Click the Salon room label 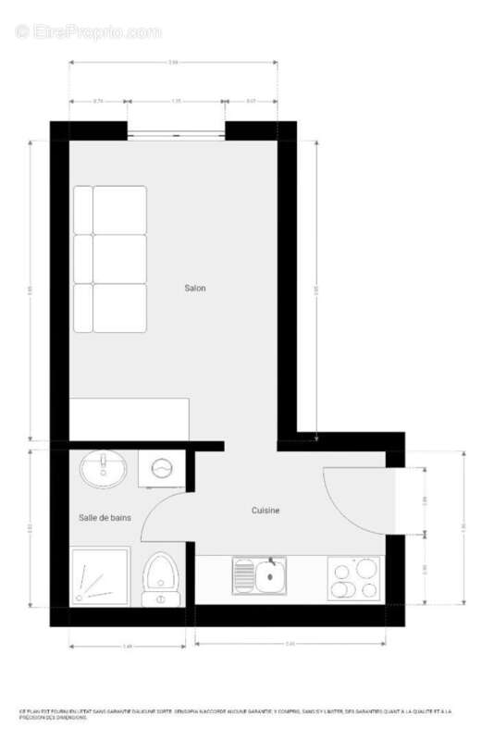point(194,289)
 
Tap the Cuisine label point(266,510)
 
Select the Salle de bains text point(105,518)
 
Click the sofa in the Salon point(110,259)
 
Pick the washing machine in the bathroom point(162,470)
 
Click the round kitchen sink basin point(271,580)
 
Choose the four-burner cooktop point(354,578)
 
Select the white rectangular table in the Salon point(130,419)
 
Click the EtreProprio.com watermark point(89,32)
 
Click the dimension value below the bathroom point(128,645)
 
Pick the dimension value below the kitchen point(290,643)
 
